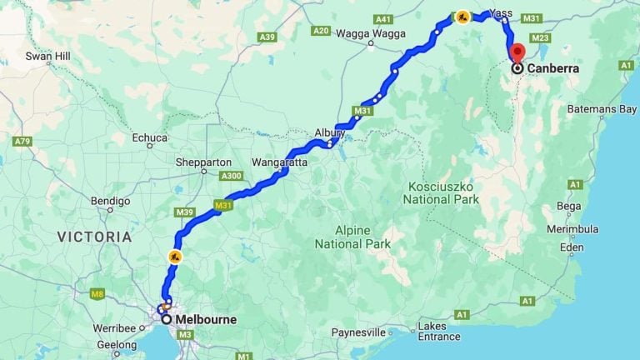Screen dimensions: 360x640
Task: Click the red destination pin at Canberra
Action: pyautogui.click(x=517, y=52)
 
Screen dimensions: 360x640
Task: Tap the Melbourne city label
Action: pyautogui.click(x=205, y=319)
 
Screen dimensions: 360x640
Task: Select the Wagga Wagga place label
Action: pyautogui.click(x=371, y=34)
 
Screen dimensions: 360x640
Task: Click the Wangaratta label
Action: pyautogui.click(x=279, y=162)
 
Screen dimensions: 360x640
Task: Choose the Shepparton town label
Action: pyautogui.click(x=203, y=162)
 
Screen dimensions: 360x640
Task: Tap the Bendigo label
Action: pyautogui.click(x=110, y=201)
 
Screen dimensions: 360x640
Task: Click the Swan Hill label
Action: pyautogui.click(x=47, y=57)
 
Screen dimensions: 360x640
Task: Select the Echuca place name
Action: pyautogui.click(x=150, y=137)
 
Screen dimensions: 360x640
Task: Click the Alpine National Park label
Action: pyautogui.click(x=352, y=237)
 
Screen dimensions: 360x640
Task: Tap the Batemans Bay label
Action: pyautogui.click(x=602, y=109)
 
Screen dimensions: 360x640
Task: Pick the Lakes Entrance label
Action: pyautogui.click(x=438, y=331)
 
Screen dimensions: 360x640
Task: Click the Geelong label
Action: pyautogui.click(x=117, y=343)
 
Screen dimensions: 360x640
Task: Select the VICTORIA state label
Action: pyautogui.click(x=94, y=237)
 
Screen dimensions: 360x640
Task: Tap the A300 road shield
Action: pyautogui.click(x=232, y=176)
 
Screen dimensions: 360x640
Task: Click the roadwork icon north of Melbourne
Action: pyautogui.click(x=175, y=257)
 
